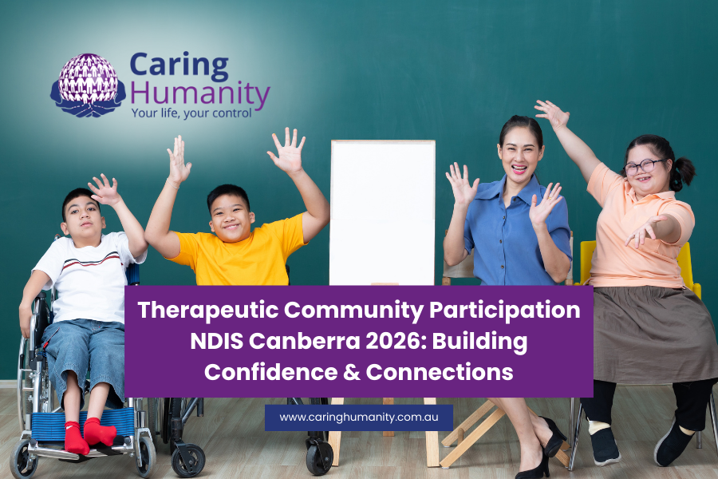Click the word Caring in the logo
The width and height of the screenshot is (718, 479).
[x=179, y=65]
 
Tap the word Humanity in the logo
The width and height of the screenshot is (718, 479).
[x=200, y=94]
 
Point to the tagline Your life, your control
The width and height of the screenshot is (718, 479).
[x=191, y=113]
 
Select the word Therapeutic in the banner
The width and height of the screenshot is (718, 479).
[x=208, y=311]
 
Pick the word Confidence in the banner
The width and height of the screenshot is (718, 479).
[x=270, y=372]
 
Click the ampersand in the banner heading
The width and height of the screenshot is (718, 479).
[x=352, y=372]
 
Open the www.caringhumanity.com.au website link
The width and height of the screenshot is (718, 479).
[x=359, y=418]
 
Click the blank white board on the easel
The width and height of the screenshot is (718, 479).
[x=382, y=212]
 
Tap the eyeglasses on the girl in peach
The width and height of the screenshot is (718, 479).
[x=644, y=166]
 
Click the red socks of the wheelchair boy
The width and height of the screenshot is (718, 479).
[x=89, y=435]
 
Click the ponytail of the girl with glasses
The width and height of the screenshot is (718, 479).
[x=682, y=172]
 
